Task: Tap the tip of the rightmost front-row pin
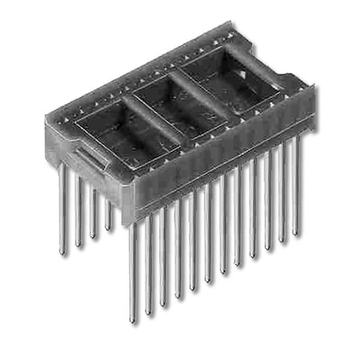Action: pyautogui.click(x=296, y=233)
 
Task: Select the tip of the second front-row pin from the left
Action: pyautogui.click(x=148, y=313)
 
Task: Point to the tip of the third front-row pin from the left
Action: pyautogui.click(x=163, y=305)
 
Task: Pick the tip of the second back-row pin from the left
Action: pyautogui.click(x=78, y=245)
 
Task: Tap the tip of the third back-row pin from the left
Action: pyautogui.click(x=93, y=237)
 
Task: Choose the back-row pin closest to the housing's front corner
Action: pyautogui.click(x=108, y=229)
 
